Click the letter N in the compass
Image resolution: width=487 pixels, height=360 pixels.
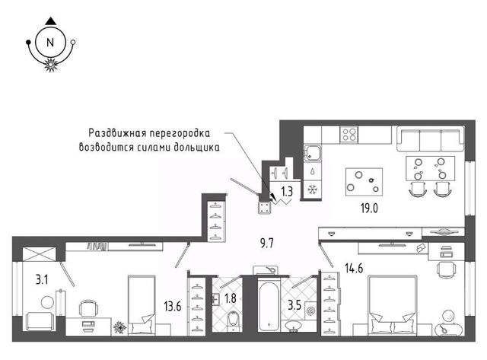point(50,43)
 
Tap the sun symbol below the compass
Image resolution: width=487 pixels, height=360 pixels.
point(50,65)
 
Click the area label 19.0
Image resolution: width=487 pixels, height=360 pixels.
point(369,209)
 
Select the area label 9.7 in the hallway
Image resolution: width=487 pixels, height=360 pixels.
point(267,244)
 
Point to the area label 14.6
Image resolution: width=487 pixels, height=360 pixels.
point(354,267)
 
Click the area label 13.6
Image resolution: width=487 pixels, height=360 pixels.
point(173,307)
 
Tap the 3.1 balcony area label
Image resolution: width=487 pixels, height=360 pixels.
point(42,280)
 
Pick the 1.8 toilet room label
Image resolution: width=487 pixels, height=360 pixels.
point(230,298)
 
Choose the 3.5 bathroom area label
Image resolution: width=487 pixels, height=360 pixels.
point(294,305)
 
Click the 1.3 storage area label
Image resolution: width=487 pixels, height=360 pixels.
point(287,191)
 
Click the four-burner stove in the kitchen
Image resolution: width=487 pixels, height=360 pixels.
point(349,134)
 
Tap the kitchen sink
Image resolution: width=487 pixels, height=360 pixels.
point(313,153)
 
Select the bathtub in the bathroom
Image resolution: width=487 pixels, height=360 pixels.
point(269,305)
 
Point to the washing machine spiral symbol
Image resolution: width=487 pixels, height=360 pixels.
point(311,311)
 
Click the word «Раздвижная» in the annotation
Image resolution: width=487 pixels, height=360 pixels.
point(116,133)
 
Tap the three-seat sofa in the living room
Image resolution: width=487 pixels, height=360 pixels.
point(431,139)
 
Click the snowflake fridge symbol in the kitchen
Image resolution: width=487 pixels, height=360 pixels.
point(313,190)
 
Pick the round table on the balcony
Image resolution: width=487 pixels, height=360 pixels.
point(47,302)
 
